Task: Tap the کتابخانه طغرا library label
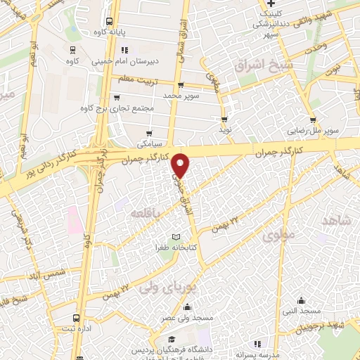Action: [x=176, y=248]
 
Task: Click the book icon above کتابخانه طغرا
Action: [x=176, y=236]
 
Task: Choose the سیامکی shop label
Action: [x=149, y=143]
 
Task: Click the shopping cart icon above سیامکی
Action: [x=149, y=133]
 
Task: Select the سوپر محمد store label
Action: [x=182, y=94]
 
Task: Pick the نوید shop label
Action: [x=224, y=130]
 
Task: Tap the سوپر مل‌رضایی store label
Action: [x=314, y=131]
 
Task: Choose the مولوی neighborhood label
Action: [x=276, y=237]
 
